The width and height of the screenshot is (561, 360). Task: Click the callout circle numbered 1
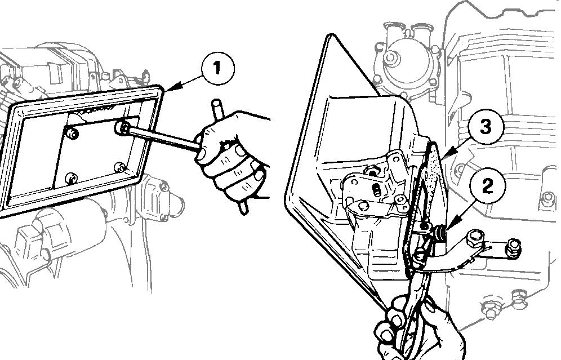click(217, 68)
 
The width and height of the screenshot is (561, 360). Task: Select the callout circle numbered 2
click(488, 186)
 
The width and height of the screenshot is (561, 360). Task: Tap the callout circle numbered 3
click(485, 126)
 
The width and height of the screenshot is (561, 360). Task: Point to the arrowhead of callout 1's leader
click(168, 88)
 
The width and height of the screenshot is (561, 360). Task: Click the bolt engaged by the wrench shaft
click(123, 127)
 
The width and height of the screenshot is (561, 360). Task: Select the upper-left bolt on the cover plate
click(72, 134)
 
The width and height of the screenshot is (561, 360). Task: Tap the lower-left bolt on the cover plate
click(72, 177)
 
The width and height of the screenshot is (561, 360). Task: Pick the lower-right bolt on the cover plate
click(120, 167)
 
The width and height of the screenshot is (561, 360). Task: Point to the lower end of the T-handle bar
click(243, 211)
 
